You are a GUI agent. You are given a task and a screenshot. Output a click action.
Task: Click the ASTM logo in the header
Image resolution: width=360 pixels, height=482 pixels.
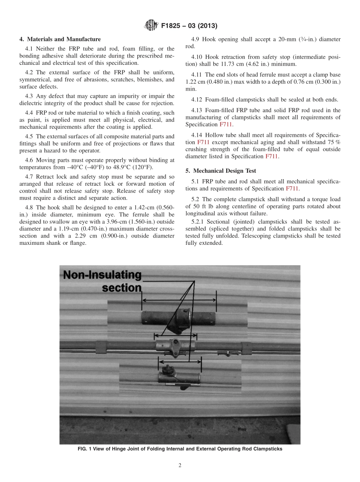[151, 26]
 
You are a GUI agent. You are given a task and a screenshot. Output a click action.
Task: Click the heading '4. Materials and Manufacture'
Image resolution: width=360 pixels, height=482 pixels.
[60, 39]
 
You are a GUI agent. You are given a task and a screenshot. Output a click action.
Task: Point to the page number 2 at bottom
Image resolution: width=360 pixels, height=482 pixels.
[180, 465]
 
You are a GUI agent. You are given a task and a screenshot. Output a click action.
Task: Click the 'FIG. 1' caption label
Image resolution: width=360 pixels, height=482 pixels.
[87, 449]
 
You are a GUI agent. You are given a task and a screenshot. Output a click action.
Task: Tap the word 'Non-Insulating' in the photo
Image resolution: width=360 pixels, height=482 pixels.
[102, 275]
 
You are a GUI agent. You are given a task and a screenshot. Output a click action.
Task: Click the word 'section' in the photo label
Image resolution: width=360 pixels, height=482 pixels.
[121, 288]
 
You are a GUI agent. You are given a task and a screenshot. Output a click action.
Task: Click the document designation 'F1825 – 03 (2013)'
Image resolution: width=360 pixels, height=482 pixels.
[189, 26]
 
